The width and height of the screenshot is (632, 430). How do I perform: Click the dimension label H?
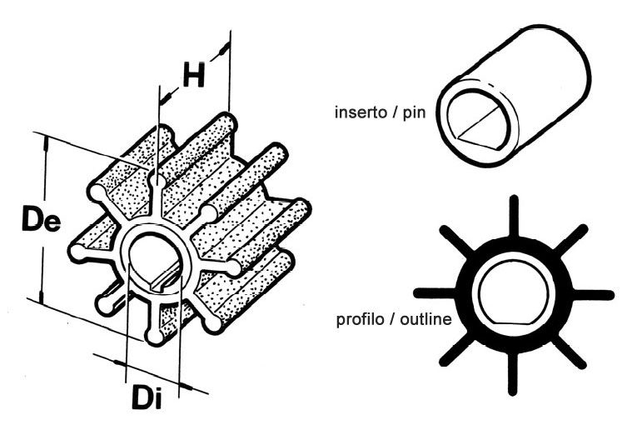click(x=194, y=75)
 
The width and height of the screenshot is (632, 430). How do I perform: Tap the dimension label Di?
click(x=147, y=397)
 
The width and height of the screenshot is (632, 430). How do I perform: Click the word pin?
click(x=414, y=112)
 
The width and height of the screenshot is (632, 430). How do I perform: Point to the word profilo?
click(x=360, y=319)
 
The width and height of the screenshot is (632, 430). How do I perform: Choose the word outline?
click(x=425, y=319)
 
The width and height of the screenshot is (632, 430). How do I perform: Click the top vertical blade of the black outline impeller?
click(x=514, y=216)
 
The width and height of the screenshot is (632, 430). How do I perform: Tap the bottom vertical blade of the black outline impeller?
click(x=513, y=373)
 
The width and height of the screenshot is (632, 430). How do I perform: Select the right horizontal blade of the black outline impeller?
click(x=593, y=295)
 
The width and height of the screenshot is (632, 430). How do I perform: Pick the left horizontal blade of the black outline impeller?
click(x=435, y=293)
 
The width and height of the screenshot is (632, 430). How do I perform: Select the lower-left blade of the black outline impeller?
click(x=457, y=350)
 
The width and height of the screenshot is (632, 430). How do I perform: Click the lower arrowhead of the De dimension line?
click(x=41, y=295)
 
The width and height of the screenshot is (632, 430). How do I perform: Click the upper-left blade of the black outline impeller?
click(x=456, y=240)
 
